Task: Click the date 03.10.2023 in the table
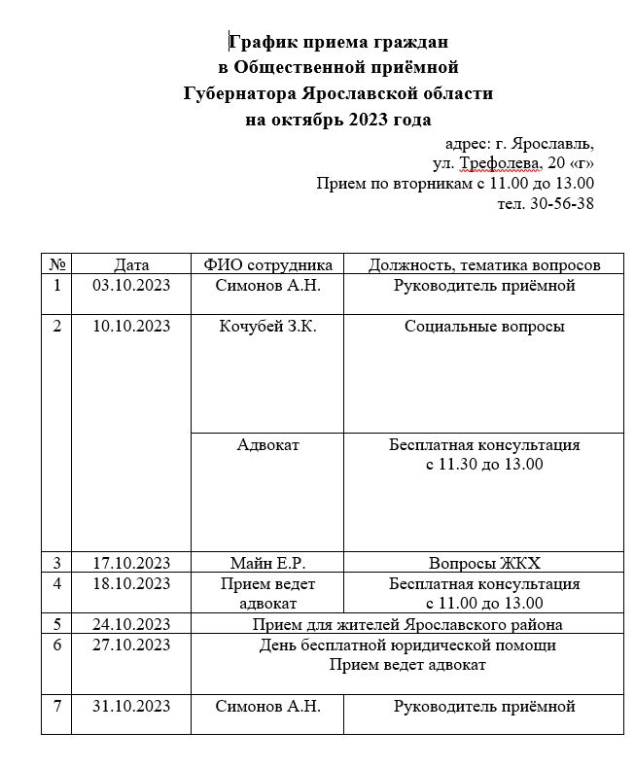131,286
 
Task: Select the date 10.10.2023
131,327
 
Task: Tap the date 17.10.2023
131,563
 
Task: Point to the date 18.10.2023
131,583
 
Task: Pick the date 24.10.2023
131,624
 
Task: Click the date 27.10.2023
131,645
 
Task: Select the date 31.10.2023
131,706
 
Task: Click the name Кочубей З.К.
268,327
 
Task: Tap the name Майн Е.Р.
268,563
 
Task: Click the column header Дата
131,264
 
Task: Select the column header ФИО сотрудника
268,264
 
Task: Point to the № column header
56,264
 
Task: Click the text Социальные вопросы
484,327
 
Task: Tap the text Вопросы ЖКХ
484,563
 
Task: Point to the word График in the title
262,42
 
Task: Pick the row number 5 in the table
56,624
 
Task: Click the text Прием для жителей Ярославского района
407,624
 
